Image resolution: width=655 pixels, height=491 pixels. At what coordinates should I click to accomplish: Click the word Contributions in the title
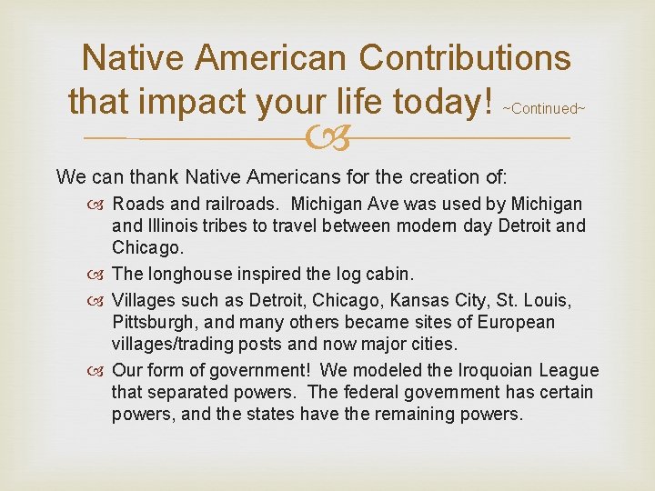(x=465, y=58)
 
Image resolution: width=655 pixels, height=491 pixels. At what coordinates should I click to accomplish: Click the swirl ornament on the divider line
(x=327, y=139)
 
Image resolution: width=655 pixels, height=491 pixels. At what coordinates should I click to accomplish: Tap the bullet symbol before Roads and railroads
(x=100, y=205)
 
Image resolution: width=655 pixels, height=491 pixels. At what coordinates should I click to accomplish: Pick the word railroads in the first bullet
(x=248, y=205)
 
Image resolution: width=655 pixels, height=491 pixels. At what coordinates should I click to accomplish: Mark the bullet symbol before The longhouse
(x=100, y=275)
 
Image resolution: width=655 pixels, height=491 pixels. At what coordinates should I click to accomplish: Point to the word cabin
(x=393, y=275)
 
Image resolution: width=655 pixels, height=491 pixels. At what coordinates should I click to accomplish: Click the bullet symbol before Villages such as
(x=100, y=301)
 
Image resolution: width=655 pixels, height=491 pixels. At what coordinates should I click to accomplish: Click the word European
(x=520, y=323)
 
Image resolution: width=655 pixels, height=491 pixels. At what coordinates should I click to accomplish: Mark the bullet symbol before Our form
(x=100, y=371)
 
